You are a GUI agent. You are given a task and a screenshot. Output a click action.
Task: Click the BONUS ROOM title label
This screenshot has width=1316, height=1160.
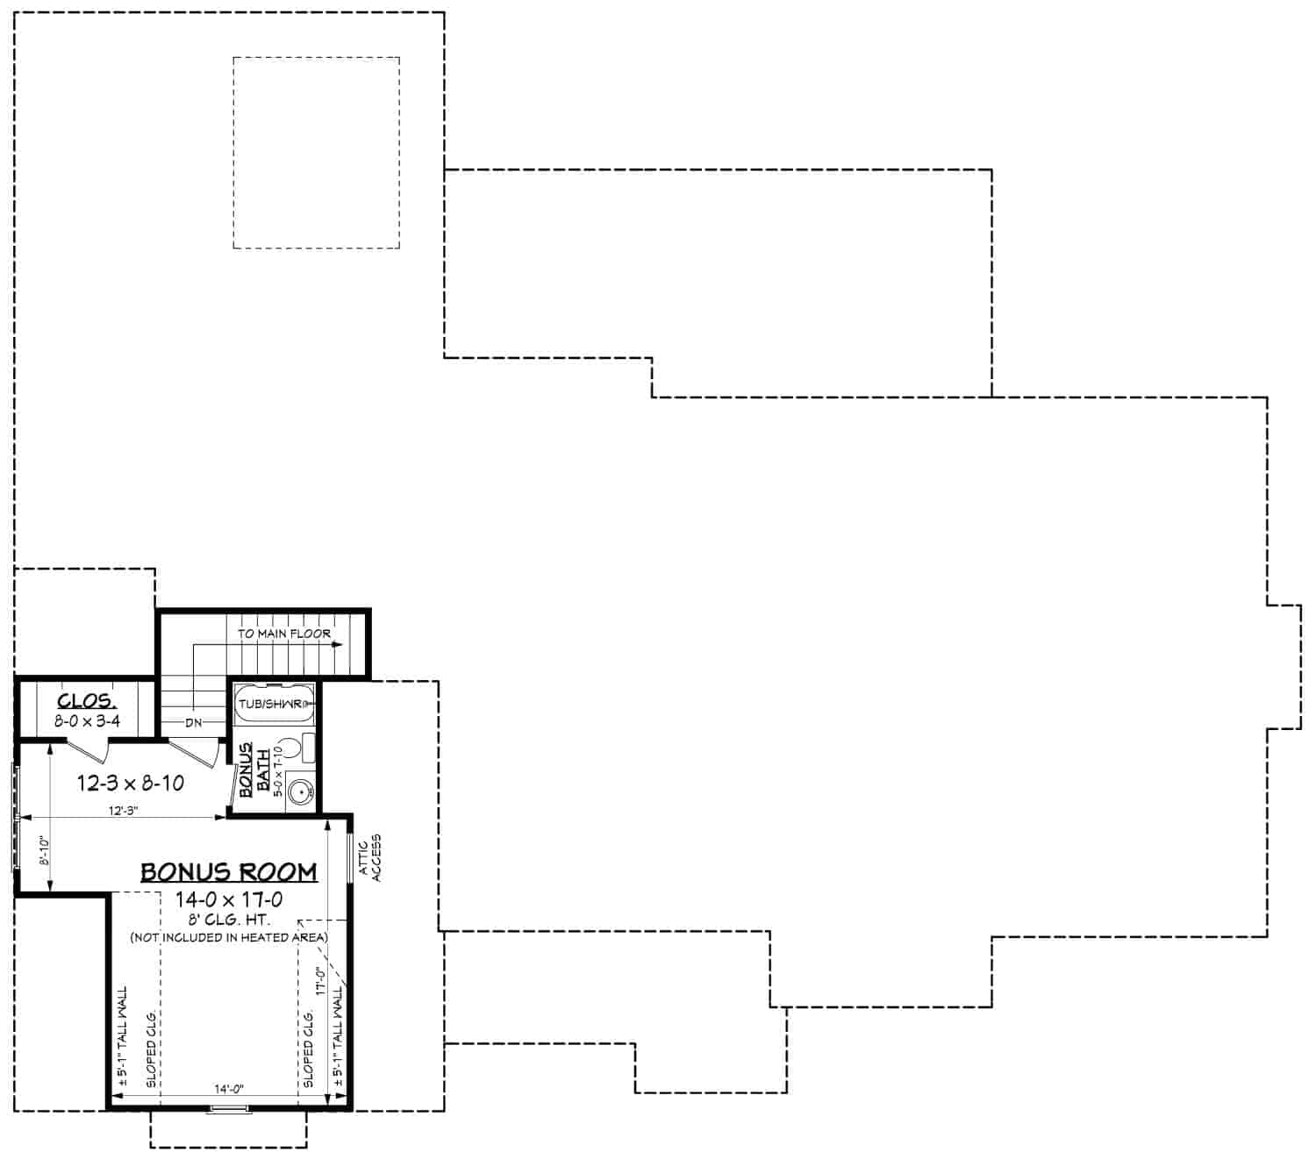coord(229,871)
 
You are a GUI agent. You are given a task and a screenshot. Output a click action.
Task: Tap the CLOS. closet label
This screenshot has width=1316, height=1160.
coord(86,700)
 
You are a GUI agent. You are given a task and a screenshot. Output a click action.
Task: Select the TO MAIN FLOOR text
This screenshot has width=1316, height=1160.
coord(284,633)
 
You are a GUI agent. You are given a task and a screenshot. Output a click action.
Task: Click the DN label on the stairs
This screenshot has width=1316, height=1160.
coord(194,722)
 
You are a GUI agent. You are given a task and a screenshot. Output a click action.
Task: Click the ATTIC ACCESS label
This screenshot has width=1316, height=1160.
coord(370,857)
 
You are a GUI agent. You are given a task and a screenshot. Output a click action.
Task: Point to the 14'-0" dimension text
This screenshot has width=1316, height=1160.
coord(229,1088)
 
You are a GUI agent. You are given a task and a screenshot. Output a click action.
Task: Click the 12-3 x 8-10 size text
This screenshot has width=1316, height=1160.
coord(131,783)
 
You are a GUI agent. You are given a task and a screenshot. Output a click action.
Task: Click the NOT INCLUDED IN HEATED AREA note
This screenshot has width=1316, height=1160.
coord(229,937)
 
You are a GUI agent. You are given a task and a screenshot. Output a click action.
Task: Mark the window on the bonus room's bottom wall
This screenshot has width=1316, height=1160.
coord(229,1111)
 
